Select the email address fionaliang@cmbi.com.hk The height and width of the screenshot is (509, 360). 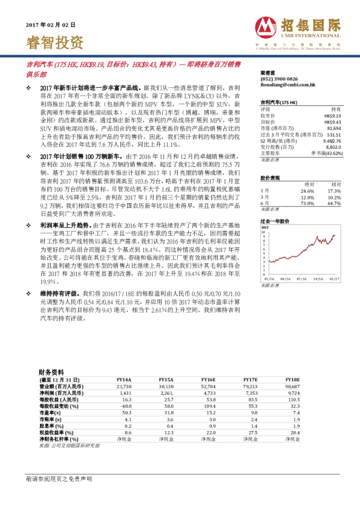tap(284, 85)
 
